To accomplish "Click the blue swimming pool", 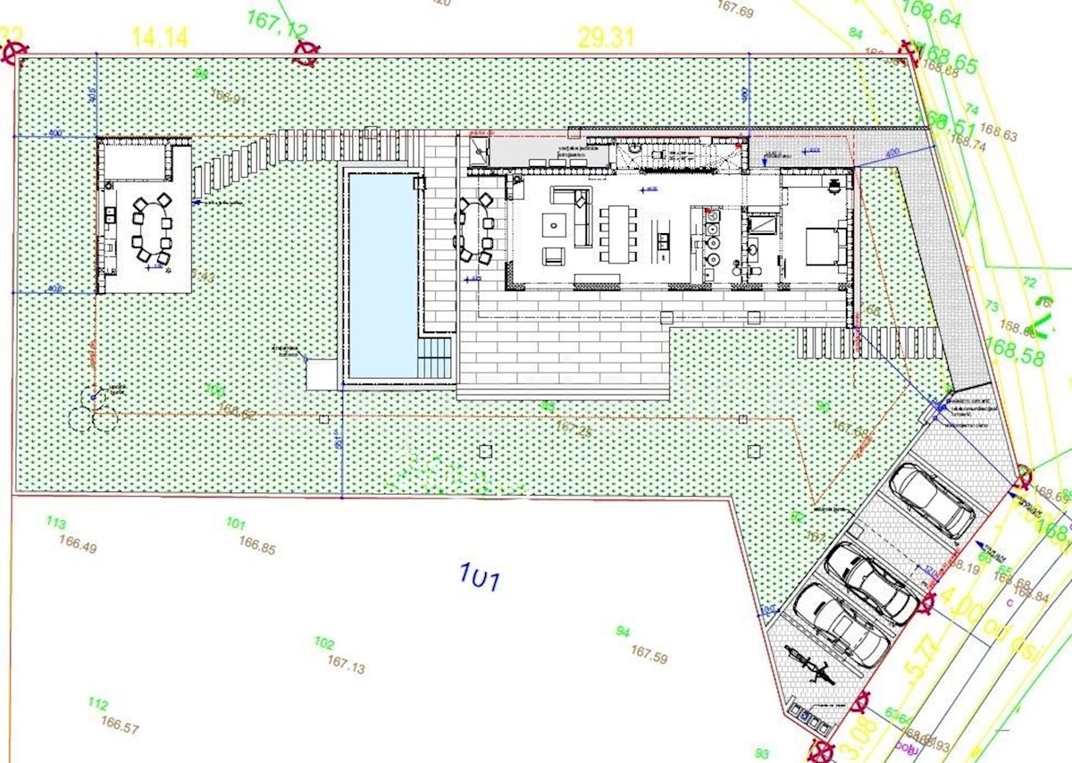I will [382, 272].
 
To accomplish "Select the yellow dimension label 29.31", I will [606, 37].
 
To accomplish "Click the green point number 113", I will [55, 523].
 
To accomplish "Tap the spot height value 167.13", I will [347, 663].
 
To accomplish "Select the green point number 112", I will [98, 704].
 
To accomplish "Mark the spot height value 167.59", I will [649, 653].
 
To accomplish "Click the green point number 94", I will [623, 632].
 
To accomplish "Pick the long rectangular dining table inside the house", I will [616, 234].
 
